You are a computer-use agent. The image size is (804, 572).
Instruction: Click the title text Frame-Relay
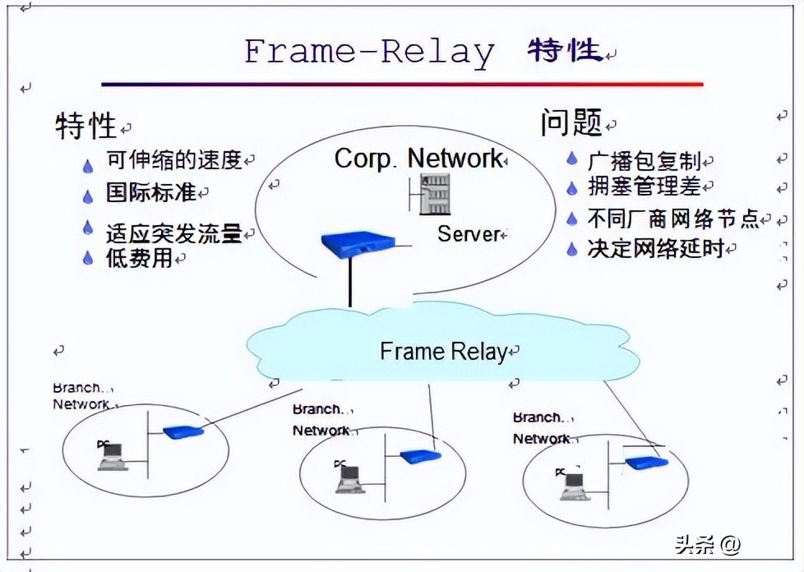[x=369, y=51]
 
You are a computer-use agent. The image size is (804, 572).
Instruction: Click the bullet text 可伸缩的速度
[x=173, y=159]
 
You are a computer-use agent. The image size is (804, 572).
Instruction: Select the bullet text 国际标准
[x=150, y=192]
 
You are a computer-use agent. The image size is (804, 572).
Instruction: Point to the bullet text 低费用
[x=139, y=258]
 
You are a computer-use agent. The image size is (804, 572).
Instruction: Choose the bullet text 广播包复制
[x=645, y=160]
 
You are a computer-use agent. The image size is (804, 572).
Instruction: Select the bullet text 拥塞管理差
[x=645, y=187]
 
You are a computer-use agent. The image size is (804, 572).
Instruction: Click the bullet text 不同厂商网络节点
[x=673, y=219]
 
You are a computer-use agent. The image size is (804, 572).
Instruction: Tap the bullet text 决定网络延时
[x=656, y=248]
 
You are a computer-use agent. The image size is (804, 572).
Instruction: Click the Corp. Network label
[x=418, y=158]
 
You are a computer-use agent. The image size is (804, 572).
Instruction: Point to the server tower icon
[x=434, y=195]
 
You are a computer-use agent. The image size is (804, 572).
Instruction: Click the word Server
[x=469, y=234]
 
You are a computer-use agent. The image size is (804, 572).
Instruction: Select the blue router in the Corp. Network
[x=357, y=244]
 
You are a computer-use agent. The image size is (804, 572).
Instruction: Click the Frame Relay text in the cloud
[x=443, y=352]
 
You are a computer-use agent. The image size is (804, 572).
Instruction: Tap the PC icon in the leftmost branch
[x=111, y=455]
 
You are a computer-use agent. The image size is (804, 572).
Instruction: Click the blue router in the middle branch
[x=420, y=456]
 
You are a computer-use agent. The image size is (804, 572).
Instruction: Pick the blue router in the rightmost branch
[x=646, y=463]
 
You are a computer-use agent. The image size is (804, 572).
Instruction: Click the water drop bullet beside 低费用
[x=88, y=259]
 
